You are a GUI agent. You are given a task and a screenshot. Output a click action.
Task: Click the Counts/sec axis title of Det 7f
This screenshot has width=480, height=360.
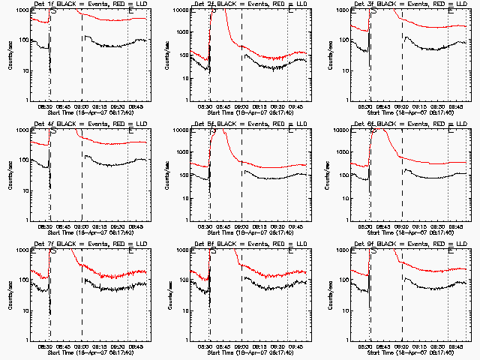pyautogui.click(x=10, y=292)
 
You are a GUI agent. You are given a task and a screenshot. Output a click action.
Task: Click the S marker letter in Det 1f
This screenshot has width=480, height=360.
pyautogui.click(x=53, y=12)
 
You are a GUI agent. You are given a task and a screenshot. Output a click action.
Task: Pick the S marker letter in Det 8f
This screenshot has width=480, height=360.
pyautogui.click(x=213, y=252)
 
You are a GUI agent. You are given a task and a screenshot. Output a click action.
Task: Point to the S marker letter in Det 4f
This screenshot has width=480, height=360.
pyautogui.click(x=53, y=132)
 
